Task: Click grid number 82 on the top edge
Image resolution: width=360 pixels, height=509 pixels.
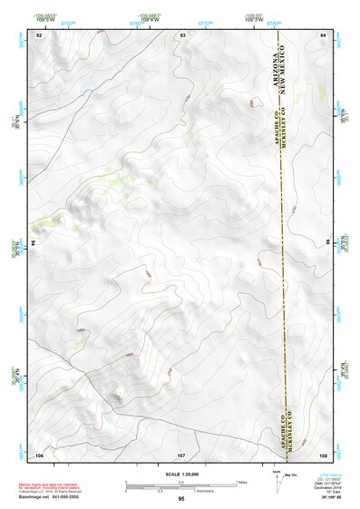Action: [x=39, y=34]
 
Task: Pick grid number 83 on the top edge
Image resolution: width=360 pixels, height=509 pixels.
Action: [x=182, y=34]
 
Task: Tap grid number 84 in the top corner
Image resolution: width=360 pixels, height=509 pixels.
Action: [x=322, y=34]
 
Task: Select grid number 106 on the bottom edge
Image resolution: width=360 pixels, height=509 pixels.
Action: [x=39, y=453]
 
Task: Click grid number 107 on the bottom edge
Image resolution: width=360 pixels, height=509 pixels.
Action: [x=181, y=453]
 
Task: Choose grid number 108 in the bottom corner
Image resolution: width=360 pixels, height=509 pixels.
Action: [x=322, y=453]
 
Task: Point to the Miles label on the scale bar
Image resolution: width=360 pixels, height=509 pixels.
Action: [x=242, y=481]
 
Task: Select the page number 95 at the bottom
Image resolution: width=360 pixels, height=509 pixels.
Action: [x=182, y=500]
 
